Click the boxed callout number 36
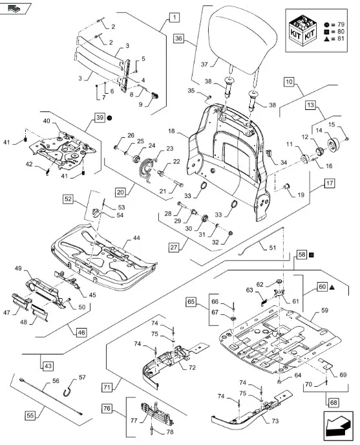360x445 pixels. [178, 38]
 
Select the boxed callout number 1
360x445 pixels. [175, 17]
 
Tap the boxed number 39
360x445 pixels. [100, 118]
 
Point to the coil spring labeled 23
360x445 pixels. [147, 168]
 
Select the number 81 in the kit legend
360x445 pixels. [340, 38]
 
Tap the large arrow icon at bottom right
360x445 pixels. [338, 426]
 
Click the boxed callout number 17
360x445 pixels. [330, 183]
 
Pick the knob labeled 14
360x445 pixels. [333, 144]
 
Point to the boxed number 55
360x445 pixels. [30, 416]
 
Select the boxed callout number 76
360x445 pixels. [107, 408]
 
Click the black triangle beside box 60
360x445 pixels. [332, 287]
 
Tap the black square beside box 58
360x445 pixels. [312, 255]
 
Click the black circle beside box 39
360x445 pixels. [109, 118]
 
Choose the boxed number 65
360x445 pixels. [191, 301]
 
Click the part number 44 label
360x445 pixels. [136, 238]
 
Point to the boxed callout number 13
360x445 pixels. [311, 105]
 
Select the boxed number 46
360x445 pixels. [81, 332]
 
